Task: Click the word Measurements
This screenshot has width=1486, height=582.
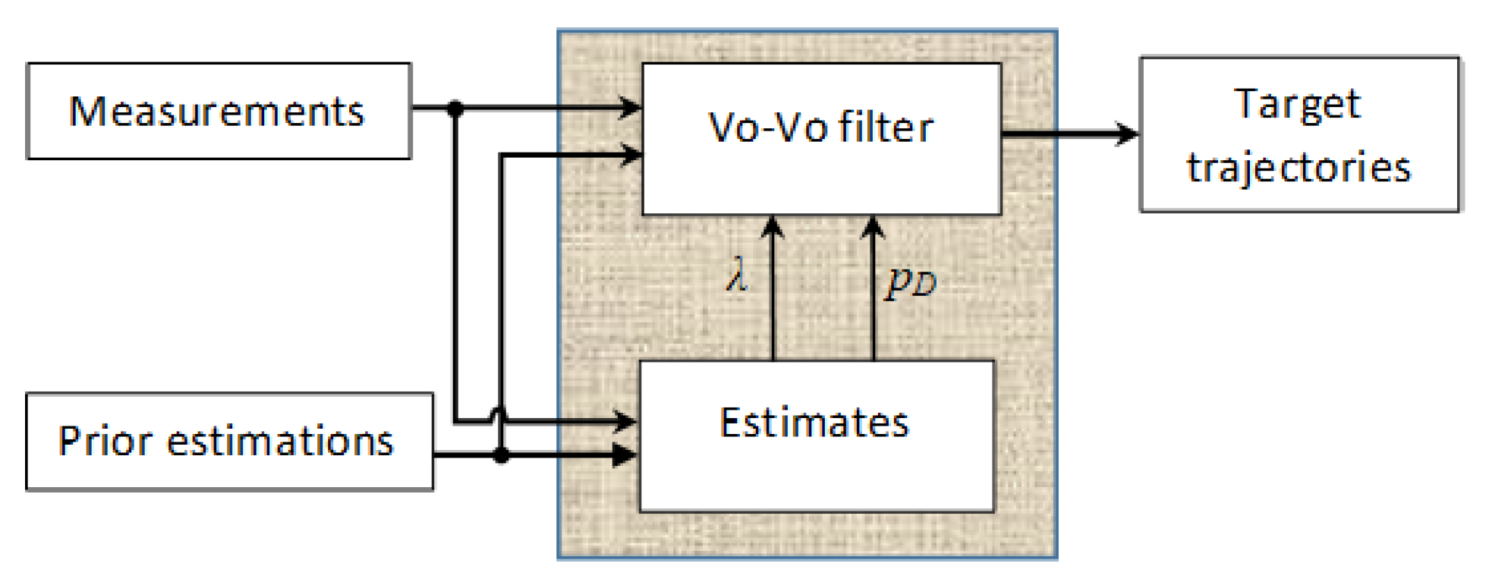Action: pyautogui.click(x=217, y=112)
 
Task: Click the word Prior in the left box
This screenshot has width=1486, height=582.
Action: pyautogui.click(x=105, y=441)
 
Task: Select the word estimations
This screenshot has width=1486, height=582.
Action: pyautogui.click(x=280, y=441)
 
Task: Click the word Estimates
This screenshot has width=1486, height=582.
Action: pyautogui.click(x=814, y=423)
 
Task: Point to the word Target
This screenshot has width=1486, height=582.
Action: pyautogui.click(x=1299, y=104)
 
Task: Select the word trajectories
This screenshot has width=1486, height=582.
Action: pyautogui.click(x=1299, y=168)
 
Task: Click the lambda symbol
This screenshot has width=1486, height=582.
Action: pyautogui.click(x=736, y=275)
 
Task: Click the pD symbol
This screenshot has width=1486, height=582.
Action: pyautogui.click(x=911, y=282)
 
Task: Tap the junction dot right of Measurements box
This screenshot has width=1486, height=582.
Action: pyautogui.click(x=455, y=109)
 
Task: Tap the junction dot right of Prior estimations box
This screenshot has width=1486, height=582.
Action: pyautogui.click(x=501, y=455)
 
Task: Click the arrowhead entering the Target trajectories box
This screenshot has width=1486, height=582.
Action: pyautogui.click(x=1126, y=134)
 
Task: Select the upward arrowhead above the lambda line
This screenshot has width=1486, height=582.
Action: pyautogui.click(x=773, y=226)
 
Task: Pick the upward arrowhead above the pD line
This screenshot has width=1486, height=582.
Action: pyautogui.click(x=873, y=226)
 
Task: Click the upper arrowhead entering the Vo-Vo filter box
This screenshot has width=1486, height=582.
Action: pyautogui.click(x=630, y=108)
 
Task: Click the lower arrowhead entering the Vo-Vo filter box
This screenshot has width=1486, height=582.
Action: pyautogui.click(x=630, y=155)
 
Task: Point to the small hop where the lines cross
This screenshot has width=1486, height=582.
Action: pyautogui.click(x=499, y=414)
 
